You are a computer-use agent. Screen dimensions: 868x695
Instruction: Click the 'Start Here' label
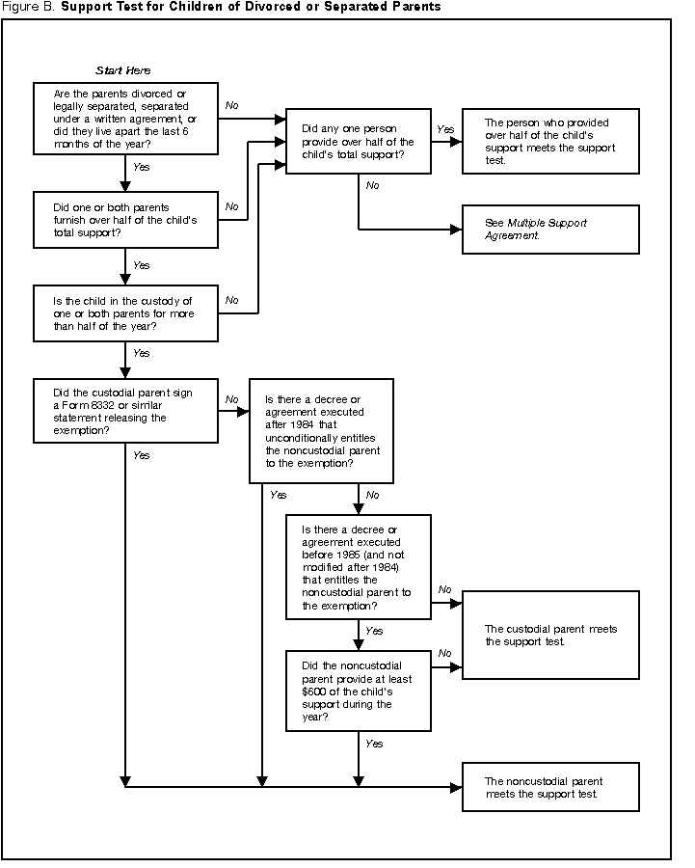pos(123,70)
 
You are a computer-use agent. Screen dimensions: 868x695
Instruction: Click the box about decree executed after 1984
pos(321,430)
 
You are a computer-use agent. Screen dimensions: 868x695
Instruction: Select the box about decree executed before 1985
pos(358,567)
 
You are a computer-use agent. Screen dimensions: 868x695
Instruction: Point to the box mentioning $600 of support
pos(358,692)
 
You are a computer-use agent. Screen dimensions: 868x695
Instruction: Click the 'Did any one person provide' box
pos(358,141)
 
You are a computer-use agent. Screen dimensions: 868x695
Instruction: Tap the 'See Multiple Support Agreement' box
pos(549,230)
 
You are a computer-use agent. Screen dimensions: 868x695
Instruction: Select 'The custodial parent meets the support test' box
pos(549,636)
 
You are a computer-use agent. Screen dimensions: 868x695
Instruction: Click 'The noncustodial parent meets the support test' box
pos(549,787)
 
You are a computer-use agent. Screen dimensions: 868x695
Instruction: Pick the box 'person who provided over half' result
pos(549,141)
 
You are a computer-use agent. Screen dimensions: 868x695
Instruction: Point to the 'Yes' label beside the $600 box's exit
pos(374,744)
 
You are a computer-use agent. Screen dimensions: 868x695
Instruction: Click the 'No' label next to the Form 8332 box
pos(231,398)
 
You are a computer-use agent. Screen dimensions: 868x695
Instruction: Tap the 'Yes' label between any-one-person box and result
pos(445,128)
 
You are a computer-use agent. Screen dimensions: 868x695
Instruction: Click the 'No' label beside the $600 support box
pos(444,653)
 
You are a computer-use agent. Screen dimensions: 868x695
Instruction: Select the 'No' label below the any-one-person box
pos(372,184)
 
